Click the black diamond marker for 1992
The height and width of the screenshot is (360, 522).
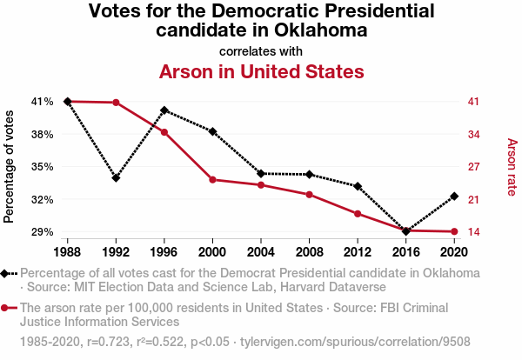point(116,178)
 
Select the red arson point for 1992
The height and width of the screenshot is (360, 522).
point(116,103)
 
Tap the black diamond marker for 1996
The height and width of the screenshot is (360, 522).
point(164,110)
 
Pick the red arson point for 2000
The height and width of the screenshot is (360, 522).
point(212,179)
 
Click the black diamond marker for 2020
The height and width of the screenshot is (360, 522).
point(454,196)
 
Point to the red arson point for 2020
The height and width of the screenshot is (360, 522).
point(454,231)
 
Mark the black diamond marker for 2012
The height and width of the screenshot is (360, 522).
point(358,186)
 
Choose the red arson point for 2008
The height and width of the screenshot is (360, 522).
point(309,194)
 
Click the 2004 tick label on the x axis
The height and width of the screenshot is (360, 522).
point(261,252)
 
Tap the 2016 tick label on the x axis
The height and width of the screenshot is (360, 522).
point(405,252)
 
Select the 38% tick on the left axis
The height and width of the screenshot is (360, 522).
point(43,134)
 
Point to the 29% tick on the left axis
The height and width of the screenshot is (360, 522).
point(43,231)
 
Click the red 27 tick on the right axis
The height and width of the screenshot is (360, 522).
point(473,166)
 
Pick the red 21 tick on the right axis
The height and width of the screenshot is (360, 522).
point(473,199)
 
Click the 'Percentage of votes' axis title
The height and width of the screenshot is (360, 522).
point(10,166)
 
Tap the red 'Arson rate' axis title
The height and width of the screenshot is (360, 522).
point(512,167)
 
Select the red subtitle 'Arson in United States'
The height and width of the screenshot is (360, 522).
point(261,71)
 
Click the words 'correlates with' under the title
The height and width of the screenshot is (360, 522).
point(261,50)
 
